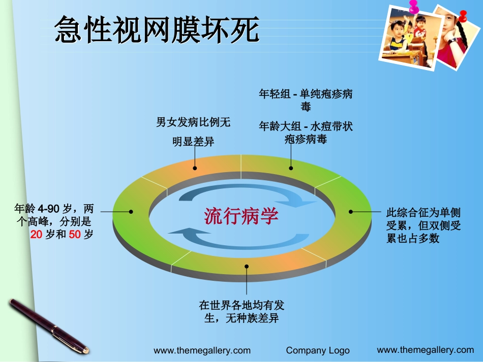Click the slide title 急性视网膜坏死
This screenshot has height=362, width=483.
point(157,29)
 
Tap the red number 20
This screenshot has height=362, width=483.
point(36,235)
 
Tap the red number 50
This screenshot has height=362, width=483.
point(74,235)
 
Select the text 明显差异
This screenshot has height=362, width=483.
point(193,142)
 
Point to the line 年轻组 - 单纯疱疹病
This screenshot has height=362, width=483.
point(306,94)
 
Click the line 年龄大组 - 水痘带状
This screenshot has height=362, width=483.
point(306,126)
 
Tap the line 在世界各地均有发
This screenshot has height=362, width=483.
point(242,305)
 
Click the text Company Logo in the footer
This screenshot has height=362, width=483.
point(318,350)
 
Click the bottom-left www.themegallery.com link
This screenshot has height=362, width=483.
point(202,350)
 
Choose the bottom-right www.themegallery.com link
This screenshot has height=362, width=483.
point(425,349)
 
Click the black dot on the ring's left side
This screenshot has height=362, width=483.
point(131,211)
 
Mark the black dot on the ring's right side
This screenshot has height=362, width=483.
point(350,211)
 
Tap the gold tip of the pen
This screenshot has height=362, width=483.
point(84,349)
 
